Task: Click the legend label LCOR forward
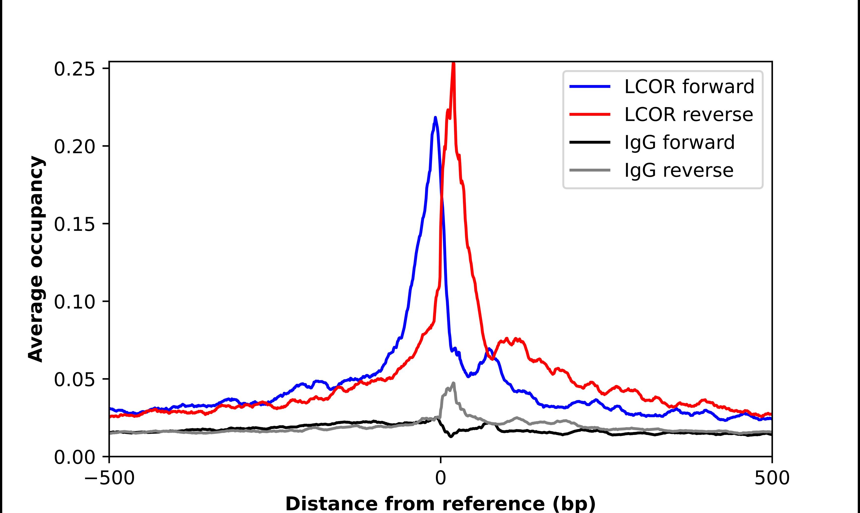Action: [689, 86]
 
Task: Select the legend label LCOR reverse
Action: [688, 114]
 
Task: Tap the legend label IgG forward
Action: [679, 142]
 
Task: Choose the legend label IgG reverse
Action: [679, 171]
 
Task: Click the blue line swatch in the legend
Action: [590, 86]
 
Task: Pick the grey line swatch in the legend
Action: [590, 170]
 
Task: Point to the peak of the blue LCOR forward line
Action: [435, 117]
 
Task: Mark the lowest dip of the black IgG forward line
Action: [451, 437]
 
